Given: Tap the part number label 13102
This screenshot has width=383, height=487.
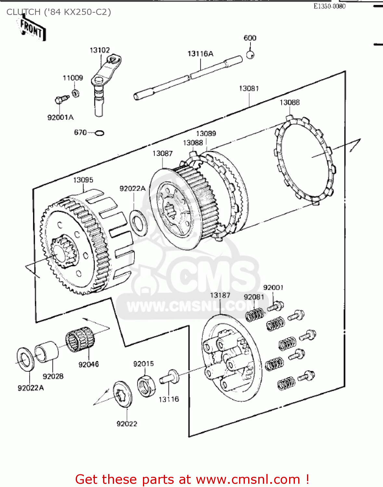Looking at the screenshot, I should click(100, 50).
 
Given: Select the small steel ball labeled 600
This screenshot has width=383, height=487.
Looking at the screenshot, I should click(250, 55).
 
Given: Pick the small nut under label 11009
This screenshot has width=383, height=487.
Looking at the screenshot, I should click(76, 94).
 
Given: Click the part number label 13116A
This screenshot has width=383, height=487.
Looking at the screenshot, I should click(200, 54).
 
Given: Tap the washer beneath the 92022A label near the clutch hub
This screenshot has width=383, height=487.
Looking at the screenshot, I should click(138, 222).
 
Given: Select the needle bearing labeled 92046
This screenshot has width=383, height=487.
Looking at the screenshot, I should click(80, 339).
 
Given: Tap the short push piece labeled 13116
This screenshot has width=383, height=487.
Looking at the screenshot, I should click(169, 378).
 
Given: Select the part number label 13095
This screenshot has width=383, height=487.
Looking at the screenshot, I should click(83, 180).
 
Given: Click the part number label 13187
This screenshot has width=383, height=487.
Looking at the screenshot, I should click(220, 295).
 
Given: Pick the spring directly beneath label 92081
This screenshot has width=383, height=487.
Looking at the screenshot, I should click(255, 314).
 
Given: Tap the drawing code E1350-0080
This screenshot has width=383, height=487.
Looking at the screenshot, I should click(329, 6).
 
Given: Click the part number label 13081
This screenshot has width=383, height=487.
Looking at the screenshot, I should click(249, 88).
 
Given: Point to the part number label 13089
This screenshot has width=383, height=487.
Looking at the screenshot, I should click(206, 133).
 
